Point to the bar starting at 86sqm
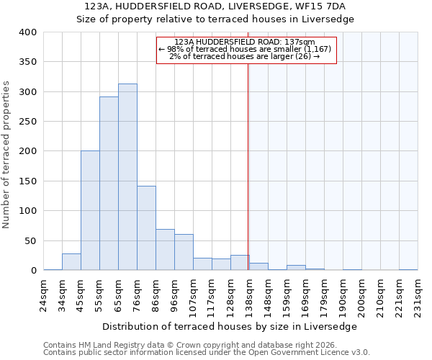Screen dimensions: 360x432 pyautogui.click(x=165, y=250)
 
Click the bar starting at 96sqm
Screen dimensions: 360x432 pyautogui.click(x=184, y=252)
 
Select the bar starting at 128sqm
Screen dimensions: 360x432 pyautogui.click(x=240, y=263)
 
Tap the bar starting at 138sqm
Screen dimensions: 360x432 pyautogui.click(x=258, y=266)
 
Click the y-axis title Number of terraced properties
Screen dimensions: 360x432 pyautogui.click(x=6, y=155)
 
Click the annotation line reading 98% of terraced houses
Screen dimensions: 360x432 pyautogui.click(x=244, y=49)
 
